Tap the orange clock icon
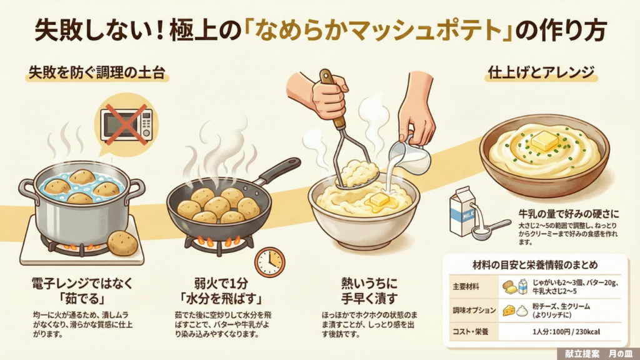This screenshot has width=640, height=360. (270, 262)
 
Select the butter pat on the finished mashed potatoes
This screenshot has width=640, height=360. (545, 141)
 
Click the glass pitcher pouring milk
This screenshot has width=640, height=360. (410, 155)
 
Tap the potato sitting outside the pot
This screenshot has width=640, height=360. (122, 243)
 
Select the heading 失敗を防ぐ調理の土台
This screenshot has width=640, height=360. (97, 73)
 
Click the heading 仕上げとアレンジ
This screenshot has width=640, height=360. (541, 72)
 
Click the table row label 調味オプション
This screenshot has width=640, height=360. (474, 310)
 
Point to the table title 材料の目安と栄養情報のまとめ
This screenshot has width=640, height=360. (535, 265)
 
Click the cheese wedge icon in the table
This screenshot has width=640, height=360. (509, 311)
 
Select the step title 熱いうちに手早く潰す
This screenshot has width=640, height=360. (369, 291)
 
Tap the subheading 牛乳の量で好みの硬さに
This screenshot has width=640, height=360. (569, 214)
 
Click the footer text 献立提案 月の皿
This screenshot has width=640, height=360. (598, 354)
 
